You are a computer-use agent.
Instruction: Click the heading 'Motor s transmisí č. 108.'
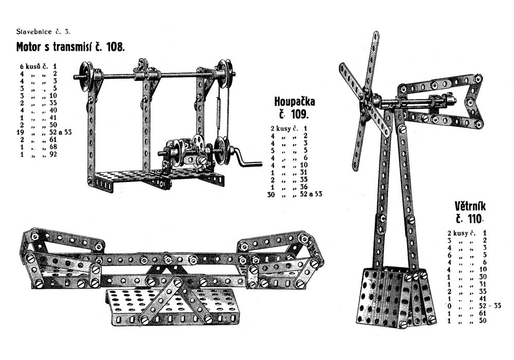70,47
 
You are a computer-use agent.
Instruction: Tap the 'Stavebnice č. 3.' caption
43,32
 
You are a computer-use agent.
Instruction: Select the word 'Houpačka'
295,102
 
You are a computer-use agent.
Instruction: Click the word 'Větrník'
470,206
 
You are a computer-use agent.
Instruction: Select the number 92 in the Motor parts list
53,154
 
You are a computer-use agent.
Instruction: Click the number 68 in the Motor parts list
53,147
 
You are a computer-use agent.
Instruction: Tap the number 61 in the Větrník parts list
483,314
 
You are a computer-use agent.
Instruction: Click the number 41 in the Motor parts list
53,117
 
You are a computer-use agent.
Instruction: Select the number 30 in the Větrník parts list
483,277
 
